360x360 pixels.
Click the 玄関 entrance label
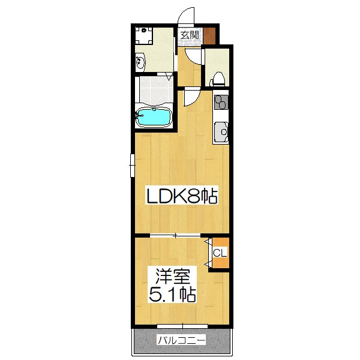click(190, 35)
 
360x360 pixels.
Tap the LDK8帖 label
click(178, 196)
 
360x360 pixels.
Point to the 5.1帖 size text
click(173, 295)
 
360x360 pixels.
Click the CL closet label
click(220, 253)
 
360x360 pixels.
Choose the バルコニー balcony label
click(181, 341)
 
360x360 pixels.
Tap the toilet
click(220, 77)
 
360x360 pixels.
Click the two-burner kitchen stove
click(221, 102)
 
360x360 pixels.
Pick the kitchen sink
click(221, 131)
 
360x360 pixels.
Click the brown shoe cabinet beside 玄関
click(209, 35)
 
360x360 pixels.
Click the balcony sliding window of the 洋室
click(180, 328)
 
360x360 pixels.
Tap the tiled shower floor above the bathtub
click(154, 90)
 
